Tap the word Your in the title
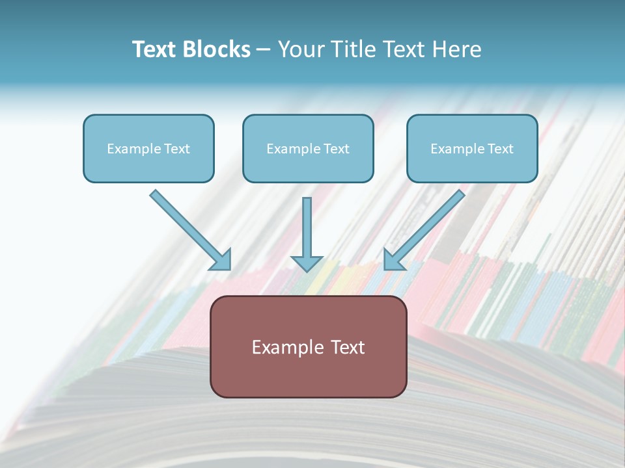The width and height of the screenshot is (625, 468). [x=301, y=49]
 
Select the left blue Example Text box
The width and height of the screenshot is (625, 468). [x=148, y=148]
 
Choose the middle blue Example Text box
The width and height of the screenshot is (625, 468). [x=308, y=148]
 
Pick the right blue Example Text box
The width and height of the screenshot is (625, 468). [x=472, y=148]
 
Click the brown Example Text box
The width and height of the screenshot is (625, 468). [x=308, y=346]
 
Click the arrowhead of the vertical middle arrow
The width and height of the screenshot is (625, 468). [x=307, y=263]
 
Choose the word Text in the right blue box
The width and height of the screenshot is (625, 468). [x=501, y=149]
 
